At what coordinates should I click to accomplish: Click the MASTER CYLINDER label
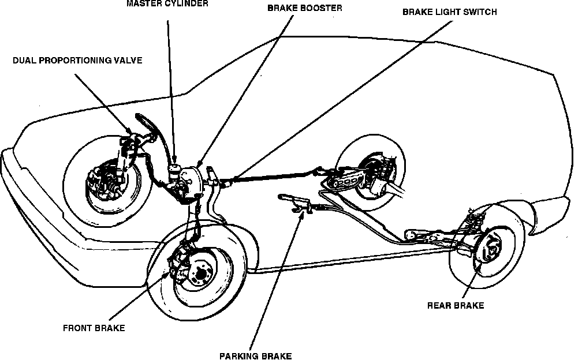[167, 3]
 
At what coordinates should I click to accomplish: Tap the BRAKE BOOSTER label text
[304, 9]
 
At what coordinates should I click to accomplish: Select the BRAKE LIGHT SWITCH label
[449, 12]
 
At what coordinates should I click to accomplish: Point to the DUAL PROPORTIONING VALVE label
[77, 60]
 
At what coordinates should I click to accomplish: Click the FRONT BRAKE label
[93, 328]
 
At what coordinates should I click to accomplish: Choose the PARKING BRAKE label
[255, 355]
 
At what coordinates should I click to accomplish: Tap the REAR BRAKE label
[455, 305]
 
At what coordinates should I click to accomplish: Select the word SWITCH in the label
[480, 12]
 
